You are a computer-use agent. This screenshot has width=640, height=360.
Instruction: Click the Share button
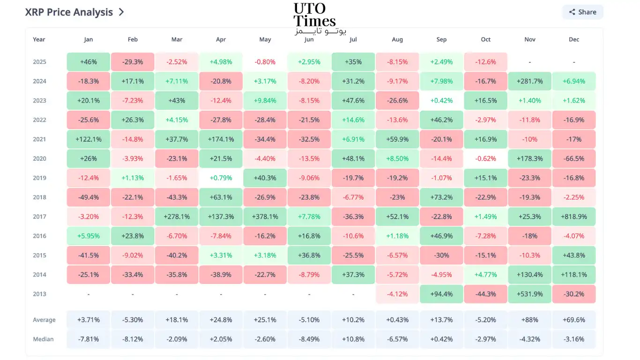[583, 12]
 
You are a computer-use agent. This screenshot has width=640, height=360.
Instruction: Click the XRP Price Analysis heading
[69, 12]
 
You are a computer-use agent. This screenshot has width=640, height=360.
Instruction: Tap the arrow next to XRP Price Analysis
[121, 12]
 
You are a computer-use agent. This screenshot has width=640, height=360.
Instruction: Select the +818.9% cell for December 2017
[574, 217]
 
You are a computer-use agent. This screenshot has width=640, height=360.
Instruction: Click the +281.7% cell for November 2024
[530, 81]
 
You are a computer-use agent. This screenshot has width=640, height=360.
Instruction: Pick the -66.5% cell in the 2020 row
[574, 158]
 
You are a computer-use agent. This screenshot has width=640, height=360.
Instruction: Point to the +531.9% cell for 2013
[530, 294]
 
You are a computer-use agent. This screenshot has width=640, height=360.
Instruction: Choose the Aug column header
[397, 39]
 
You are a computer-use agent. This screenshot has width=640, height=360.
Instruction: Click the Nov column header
[530, 39]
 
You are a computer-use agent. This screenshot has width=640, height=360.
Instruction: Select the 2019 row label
[39, 178]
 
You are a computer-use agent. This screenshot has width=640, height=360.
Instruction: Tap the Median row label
[43, 339]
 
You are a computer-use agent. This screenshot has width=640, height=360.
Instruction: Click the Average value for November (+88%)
[530, 320]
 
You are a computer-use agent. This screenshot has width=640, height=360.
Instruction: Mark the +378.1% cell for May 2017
[265, 217]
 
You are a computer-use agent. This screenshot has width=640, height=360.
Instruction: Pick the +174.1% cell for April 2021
[221, 139]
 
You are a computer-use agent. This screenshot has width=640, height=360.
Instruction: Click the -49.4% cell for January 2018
[88, 197]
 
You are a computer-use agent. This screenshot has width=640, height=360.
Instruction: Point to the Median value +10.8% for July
[353, 339]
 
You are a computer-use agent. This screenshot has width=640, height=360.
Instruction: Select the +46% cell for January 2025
[88, 62]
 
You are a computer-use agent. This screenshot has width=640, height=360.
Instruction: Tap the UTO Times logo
[320, 18]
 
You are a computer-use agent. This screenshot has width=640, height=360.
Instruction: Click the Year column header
[39, 39]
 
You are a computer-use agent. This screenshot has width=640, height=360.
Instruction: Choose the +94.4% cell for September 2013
[441, 294]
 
